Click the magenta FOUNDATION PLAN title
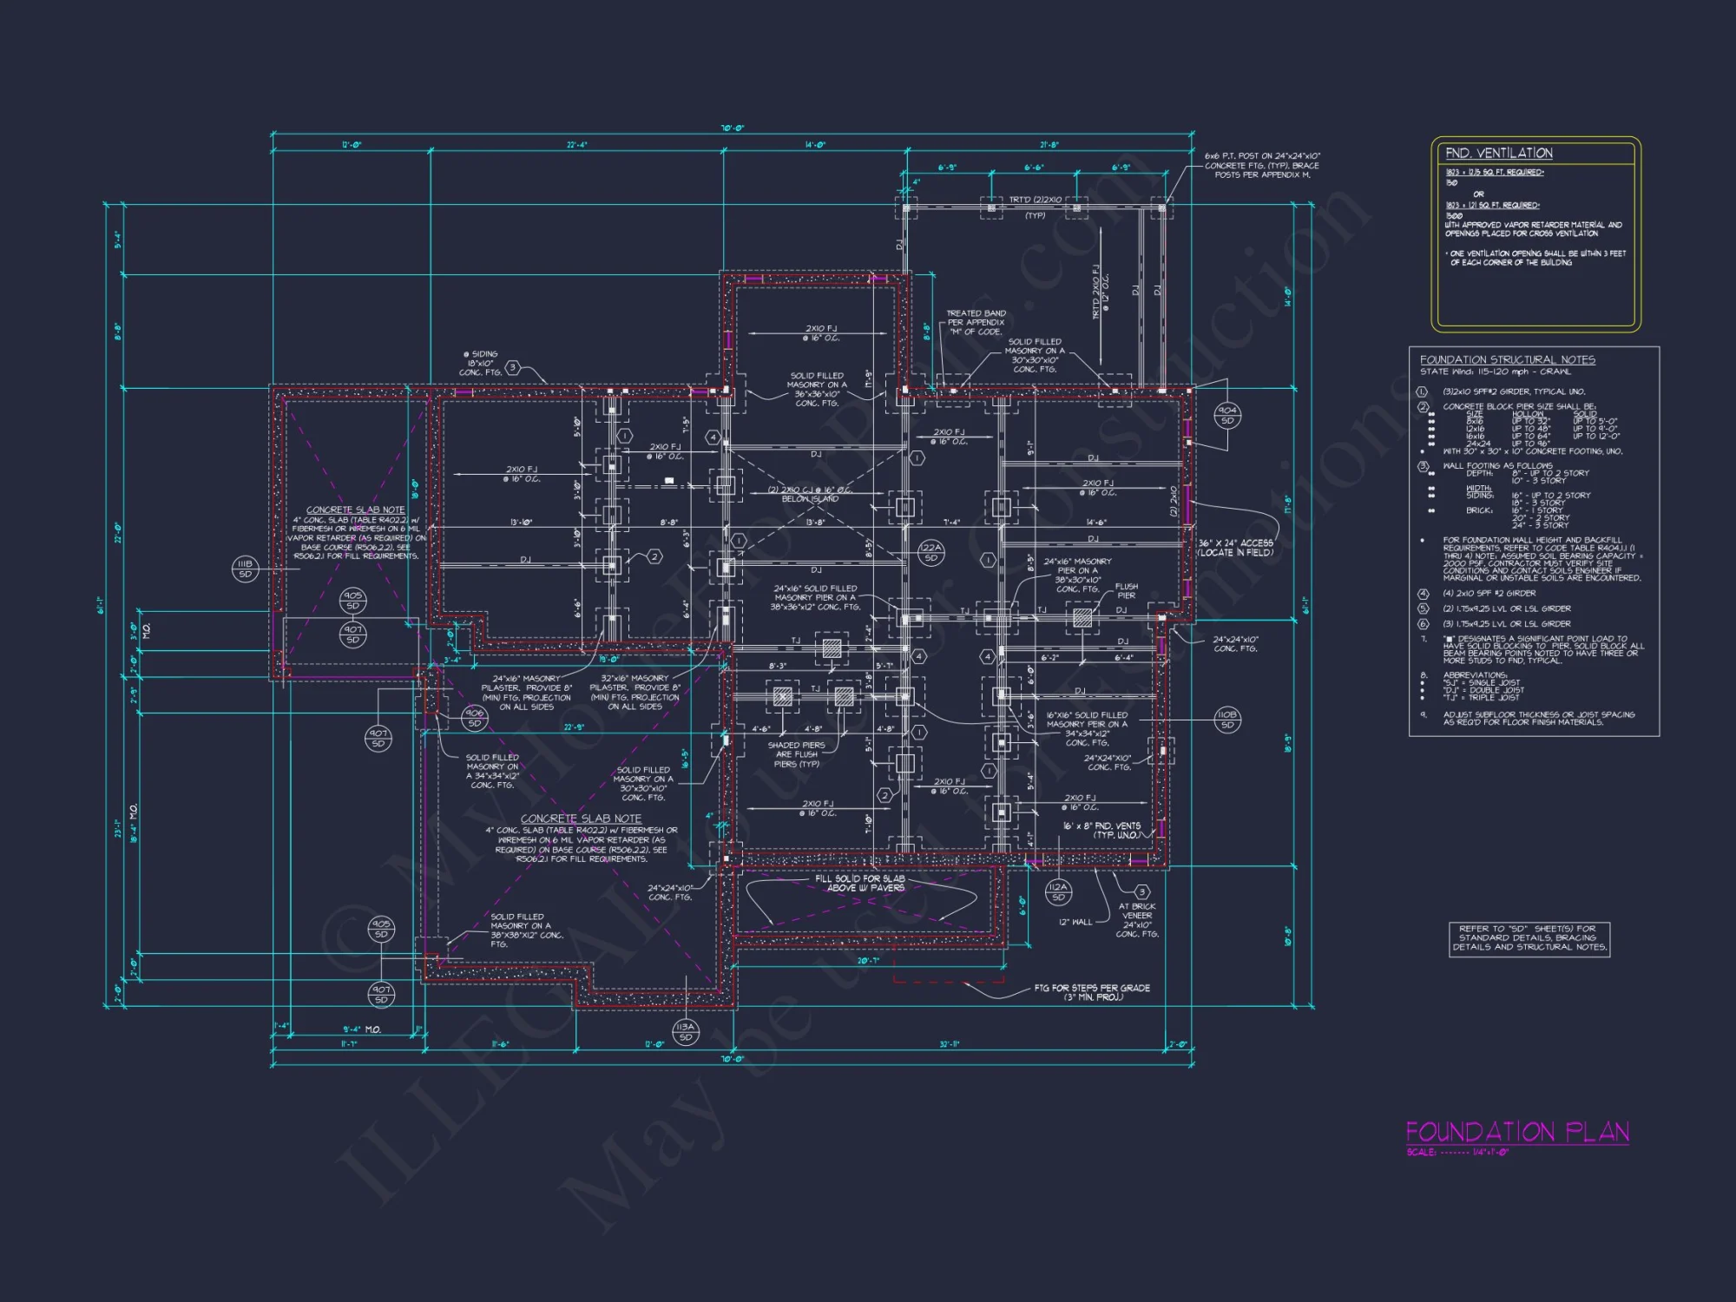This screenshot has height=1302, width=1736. tap(1516, 1132)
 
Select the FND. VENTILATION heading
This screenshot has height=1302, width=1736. tap(1498, 154)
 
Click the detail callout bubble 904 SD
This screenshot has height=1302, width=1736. tap(1227, 415)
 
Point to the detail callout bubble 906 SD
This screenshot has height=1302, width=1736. tap(474, 718)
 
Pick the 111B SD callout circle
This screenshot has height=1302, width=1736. tap(245, 569)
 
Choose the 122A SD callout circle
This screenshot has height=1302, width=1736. tap(930, 553)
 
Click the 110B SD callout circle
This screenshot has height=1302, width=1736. tap(1226, 720)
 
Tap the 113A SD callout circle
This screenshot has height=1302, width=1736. tap(686, 1032)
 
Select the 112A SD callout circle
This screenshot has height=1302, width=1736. tap(1057, 892)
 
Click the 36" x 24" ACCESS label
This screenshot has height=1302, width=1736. tap(1235, 548)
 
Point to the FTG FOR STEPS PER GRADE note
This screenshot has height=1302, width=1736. tap(1092, 992)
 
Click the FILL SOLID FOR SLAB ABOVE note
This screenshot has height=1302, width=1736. tap(859, 883)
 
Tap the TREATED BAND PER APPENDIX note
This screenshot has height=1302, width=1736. tap(976, 322)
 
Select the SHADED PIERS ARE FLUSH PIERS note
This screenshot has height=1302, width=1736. tap(796, 754)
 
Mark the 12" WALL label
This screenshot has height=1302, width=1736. tap(1075, 922)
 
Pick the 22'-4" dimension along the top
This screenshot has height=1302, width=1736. tap(577, 145)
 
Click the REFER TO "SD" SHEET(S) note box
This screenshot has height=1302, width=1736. tap(1529, 937)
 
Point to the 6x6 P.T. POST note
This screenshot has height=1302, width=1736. tap(1261, 165)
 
